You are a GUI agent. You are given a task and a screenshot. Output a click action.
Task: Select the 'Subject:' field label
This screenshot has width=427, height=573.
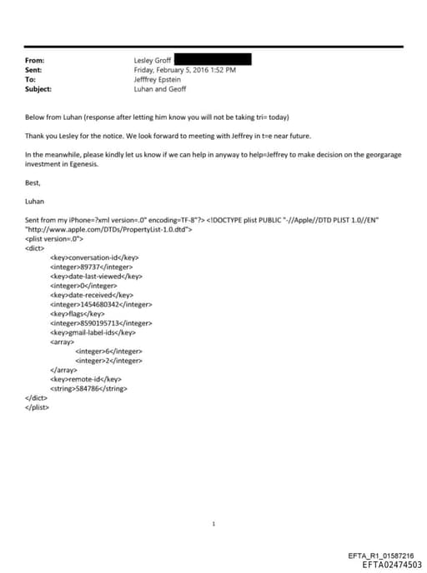click(x=39, y=88)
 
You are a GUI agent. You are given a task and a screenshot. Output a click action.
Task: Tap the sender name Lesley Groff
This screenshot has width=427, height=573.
click(x=153, y=61)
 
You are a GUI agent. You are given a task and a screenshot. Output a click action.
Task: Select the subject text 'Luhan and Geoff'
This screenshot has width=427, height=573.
click(x=159, y=88)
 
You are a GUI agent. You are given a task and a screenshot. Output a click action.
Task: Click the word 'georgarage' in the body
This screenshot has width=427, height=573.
click(x=355, y=155)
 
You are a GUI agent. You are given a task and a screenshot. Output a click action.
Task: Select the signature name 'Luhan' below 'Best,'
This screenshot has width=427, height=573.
click(x=35, y=201)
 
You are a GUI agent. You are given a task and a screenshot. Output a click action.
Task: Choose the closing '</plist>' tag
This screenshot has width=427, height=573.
click(x=37, y=406)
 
